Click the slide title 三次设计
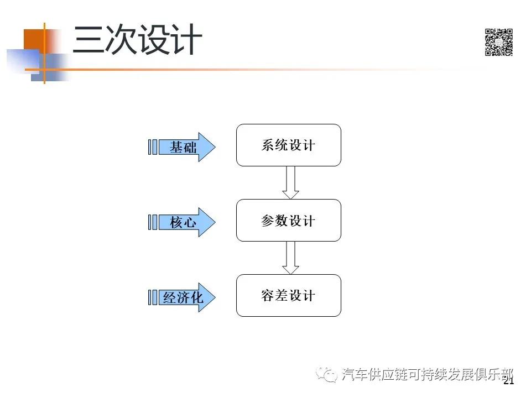(138, 39)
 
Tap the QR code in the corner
(498, 42)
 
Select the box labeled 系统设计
(289, 145)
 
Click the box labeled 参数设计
(289, 221)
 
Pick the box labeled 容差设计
(289, 295)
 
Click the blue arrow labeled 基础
(187, 147)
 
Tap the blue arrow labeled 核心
(187, 222)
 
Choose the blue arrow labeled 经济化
(187, 297)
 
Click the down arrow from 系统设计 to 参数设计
(290, 182)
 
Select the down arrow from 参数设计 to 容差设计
(290, 258)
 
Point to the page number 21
(509, 381)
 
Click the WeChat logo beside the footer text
(326, 375)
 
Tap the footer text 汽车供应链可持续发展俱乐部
(428, 375)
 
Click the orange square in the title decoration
(34, 40)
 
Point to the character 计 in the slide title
(188, 39)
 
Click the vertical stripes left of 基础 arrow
(153, 147)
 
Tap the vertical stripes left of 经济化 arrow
(153, 297)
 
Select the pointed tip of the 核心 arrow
(215, 222)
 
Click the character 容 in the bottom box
(268, 295)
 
